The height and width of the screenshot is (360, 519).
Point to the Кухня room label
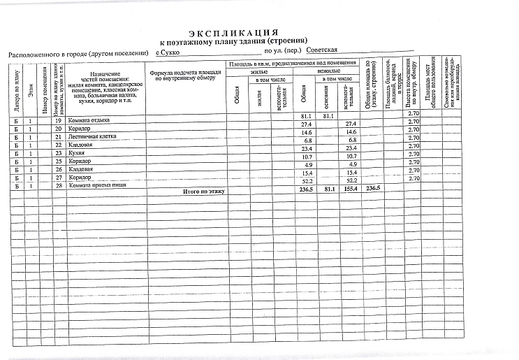79,154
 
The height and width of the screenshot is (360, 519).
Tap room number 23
59,154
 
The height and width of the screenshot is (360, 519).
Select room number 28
59,185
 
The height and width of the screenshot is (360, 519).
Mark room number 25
59,161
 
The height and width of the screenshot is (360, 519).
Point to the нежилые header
328,71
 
